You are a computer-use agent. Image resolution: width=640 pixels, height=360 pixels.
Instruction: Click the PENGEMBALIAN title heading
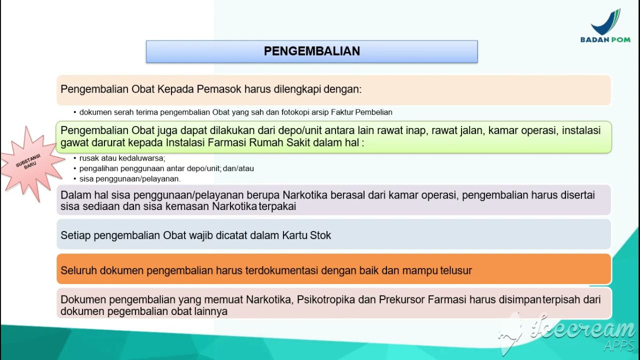pos(312,51)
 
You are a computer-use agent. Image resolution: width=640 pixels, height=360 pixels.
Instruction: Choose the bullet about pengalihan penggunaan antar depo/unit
pos(166,168)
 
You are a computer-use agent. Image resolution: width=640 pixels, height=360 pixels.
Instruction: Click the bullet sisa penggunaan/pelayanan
pos(130,178)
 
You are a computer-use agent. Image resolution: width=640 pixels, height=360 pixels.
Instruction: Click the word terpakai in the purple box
pos(277,206)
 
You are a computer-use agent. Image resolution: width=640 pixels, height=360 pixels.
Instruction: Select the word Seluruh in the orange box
pos(78,270)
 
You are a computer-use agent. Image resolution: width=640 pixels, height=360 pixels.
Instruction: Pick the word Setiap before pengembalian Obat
pos(75,235)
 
